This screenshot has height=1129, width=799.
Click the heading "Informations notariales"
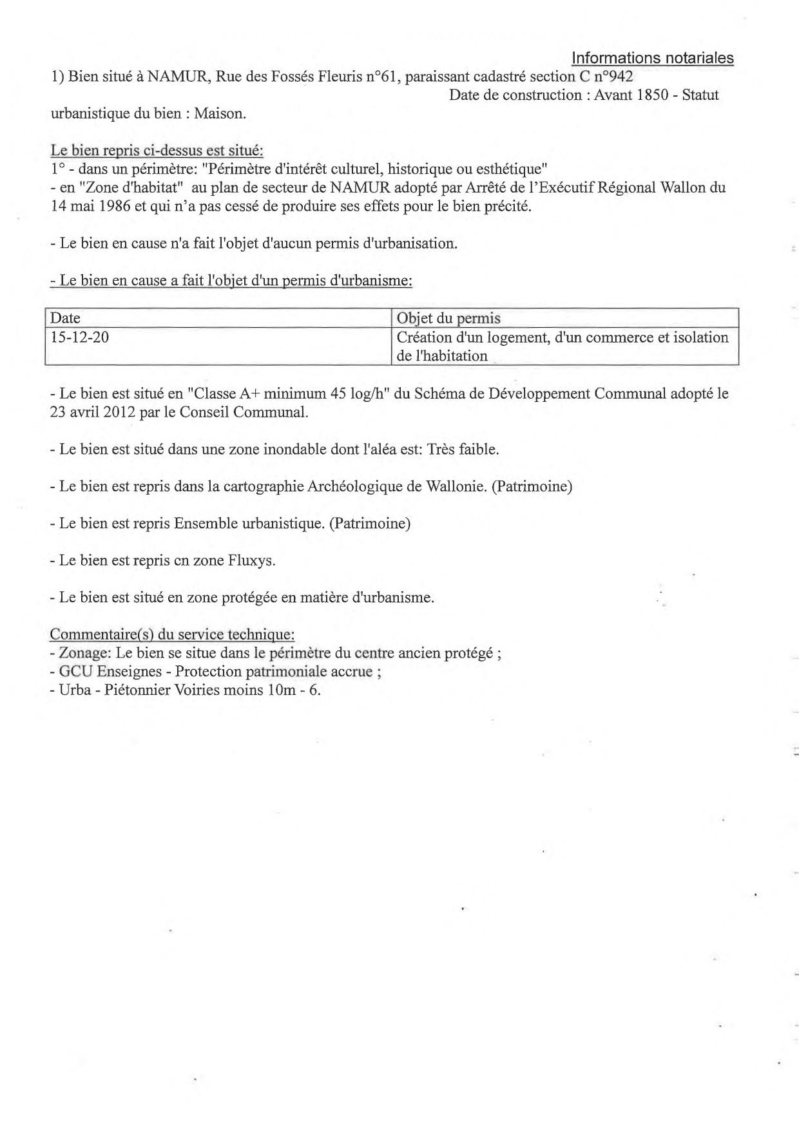pyautogui.click(x=652, y=58)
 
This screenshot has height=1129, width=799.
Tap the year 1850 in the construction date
pyautogui.click(x=653, y=95)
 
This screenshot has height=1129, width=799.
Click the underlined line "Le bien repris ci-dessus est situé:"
pyautogui.click(x=157, y=151)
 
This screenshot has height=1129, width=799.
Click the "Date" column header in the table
pyautogui.click(x=65, y=318)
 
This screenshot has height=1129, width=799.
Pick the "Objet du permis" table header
pyautogui.click(x=448, y=318)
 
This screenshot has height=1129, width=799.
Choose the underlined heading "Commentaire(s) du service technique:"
pyautogui.click(x=172, y=634)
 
